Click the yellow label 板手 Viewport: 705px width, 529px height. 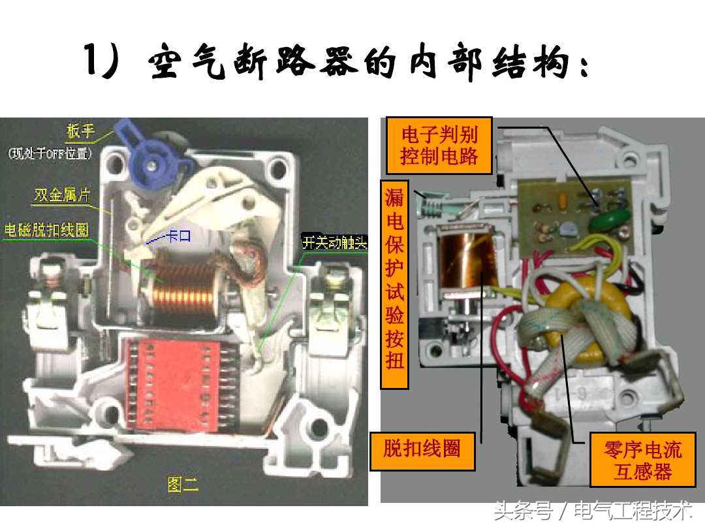(80, 133)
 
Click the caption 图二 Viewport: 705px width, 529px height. (183, 484)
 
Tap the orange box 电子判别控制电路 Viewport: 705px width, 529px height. (439, 146)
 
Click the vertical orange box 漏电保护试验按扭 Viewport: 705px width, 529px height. (394, 284)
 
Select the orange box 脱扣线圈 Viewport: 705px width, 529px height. (422, 449)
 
